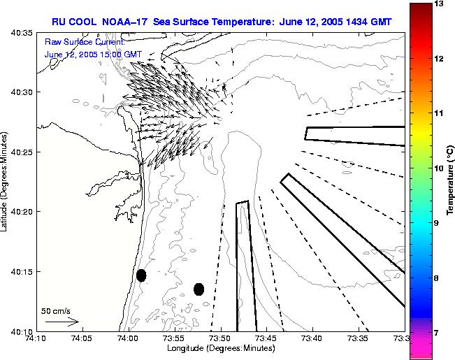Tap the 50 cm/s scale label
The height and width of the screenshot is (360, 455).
(x=55, y=310)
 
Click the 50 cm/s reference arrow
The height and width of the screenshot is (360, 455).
(x=62, y=322)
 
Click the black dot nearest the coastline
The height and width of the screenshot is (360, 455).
(x=141, y=275)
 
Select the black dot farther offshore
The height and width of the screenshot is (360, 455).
(x=198, y=289)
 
